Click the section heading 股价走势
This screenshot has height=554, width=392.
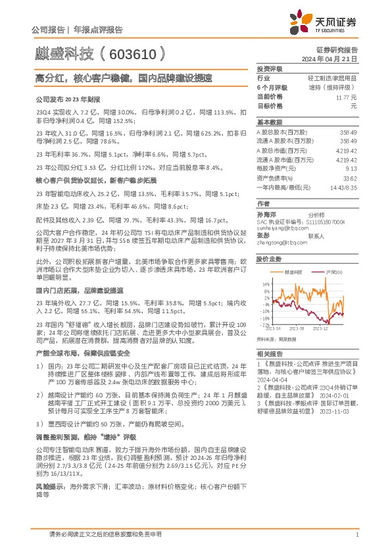point(269,259)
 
